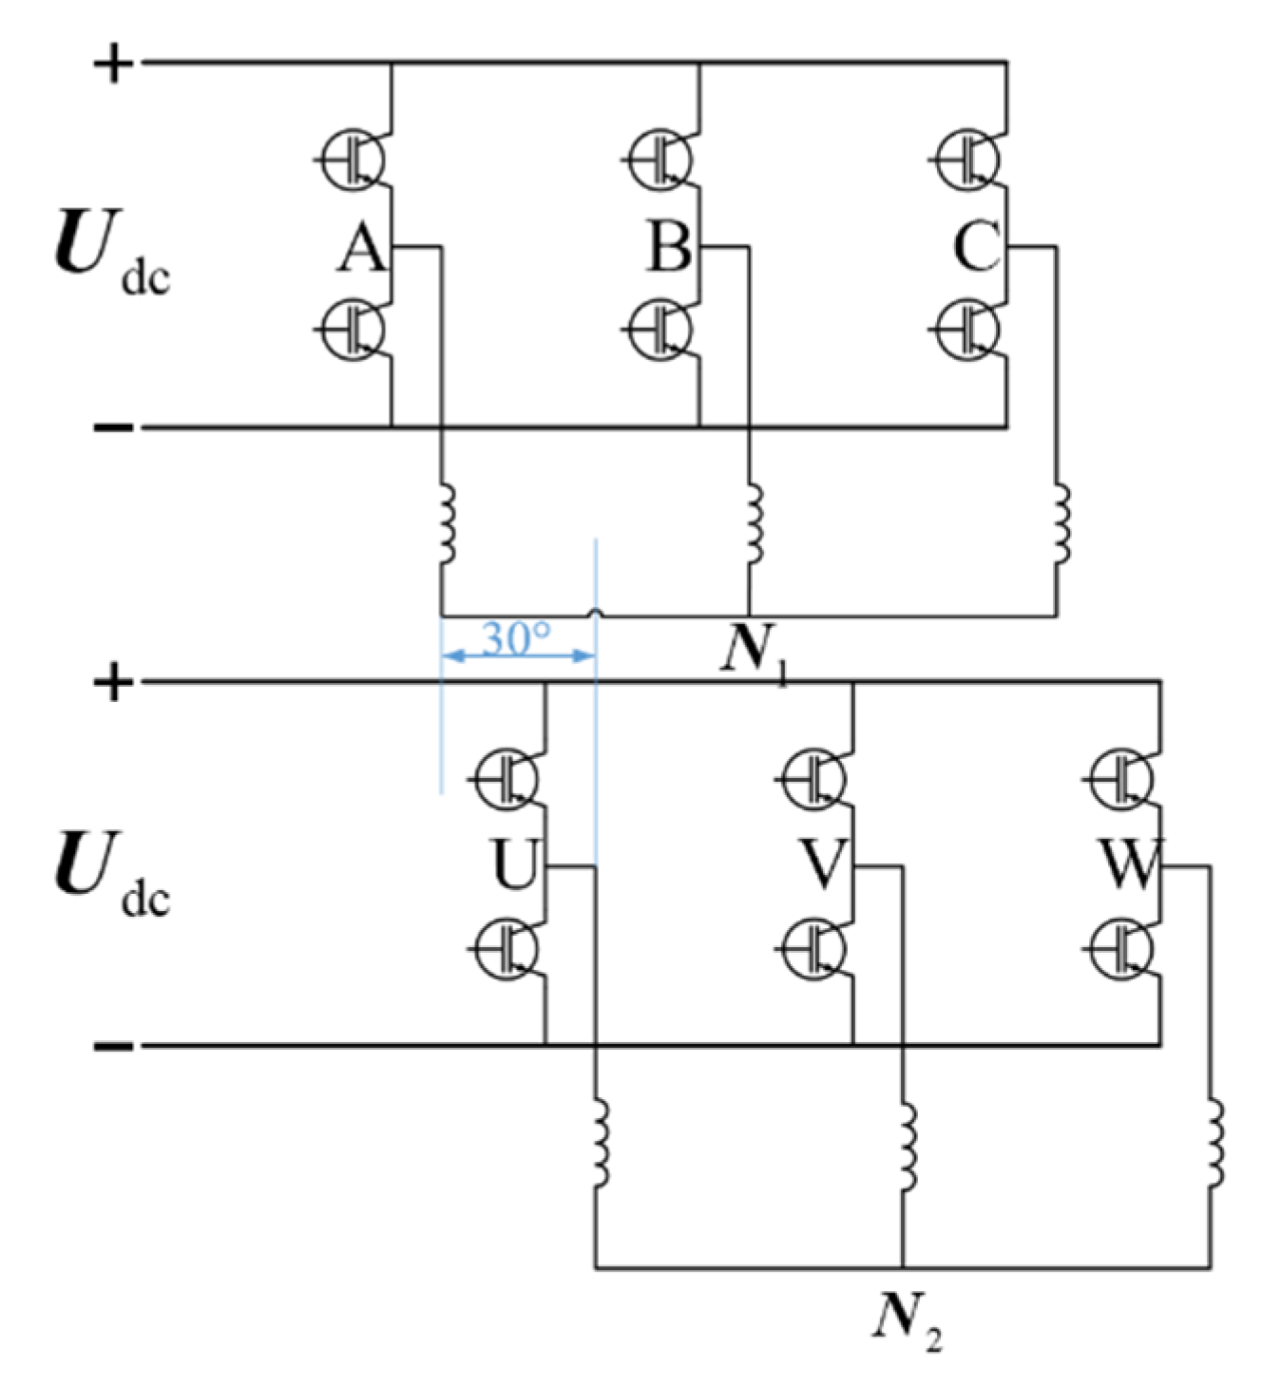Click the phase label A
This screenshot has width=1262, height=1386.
click(362, 249)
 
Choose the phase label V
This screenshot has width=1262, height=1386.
click(822, 864)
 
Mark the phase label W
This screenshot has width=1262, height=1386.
click(1129, 864)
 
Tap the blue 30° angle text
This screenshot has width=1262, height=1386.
click(516, 639)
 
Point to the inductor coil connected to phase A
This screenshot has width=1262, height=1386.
click(445, 525)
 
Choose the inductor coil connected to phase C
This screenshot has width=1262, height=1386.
click(1061, 523)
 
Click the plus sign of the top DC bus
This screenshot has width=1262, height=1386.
click(113, 65)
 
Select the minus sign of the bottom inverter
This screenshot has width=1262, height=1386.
click(113, 1047)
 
